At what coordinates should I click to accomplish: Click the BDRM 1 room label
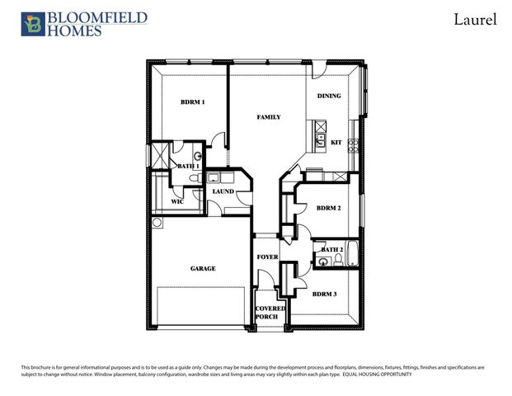point(192,102)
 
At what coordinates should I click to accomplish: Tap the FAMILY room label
point(269,117)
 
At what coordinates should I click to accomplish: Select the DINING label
point(329,97)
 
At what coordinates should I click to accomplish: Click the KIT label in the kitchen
point(336,143)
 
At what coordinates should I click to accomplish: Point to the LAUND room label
point(223,191)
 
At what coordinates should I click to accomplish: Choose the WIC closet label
point(176,201)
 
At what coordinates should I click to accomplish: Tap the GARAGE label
point(203,268)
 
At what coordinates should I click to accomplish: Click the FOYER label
point(267,257)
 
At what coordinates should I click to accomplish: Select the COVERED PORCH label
point(270,313)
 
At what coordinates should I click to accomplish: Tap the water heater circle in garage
point(156,223)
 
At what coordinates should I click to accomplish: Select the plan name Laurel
point(475,20)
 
